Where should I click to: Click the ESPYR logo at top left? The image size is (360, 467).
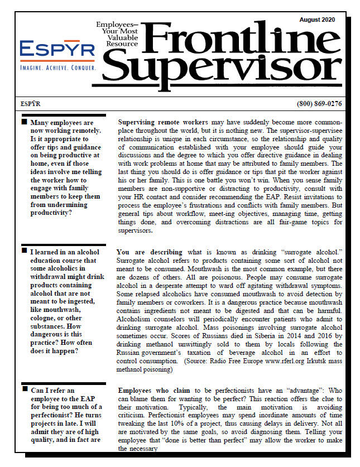57,51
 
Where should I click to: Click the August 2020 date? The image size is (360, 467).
317,20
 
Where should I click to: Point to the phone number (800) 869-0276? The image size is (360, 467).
320,104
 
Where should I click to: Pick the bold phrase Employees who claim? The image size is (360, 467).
155,391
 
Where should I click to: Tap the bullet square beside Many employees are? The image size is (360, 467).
24,122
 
